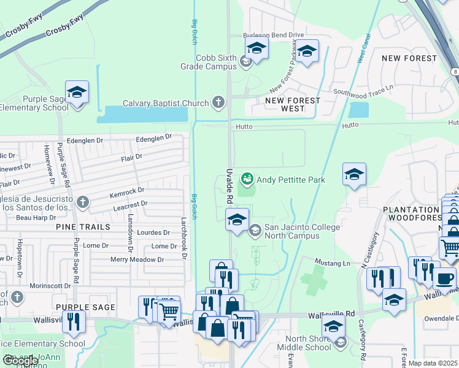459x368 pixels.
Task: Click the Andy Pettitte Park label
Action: (x=290, y=180)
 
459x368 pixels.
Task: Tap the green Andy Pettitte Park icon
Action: (x=247, y=179)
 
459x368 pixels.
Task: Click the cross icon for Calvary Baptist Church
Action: (x=218, y=103)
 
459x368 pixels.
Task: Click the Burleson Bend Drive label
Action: (x=274, y=36)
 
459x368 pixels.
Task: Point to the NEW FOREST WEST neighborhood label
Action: (x=293, y=104)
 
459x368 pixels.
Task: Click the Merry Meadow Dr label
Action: (x=137, y=259)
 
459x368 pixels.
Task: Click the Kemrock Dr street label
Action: (x=126, y=192)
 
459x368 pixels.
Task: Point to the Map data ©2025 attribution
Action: (x=433, y=364)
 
